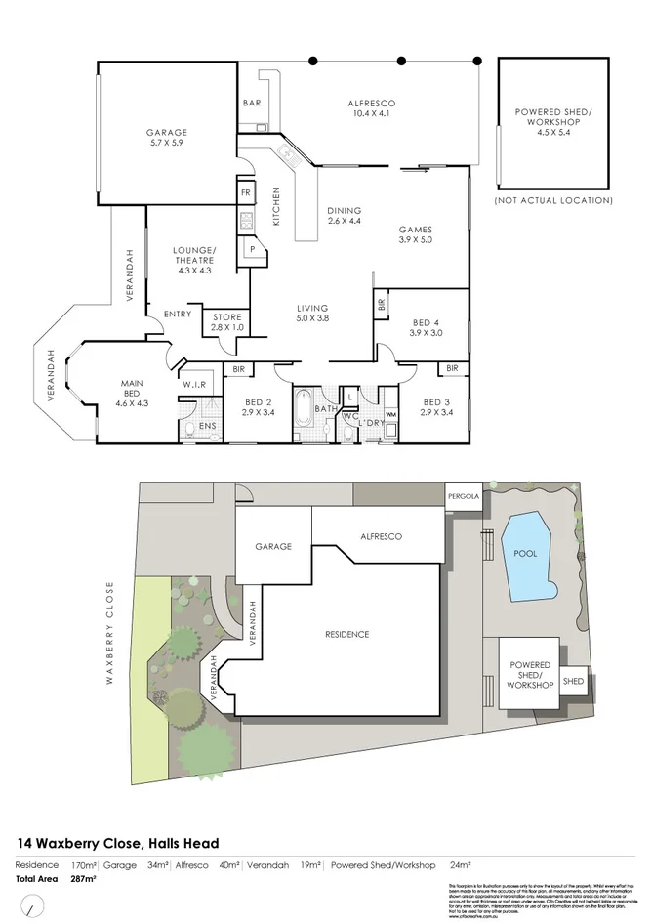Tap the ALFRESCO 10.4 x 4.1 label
372,108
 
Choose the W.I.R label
192,385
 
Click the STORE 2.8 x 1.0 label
227,322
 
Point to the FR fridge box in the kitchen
246,192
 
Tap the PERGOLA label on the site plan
464,495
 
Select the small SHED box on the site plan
573,681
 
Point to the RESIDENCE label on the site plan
346,635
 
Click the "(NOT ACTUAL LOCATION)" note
553,200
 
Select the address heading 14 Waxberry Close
117,843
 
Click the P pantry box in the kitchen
253,248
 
